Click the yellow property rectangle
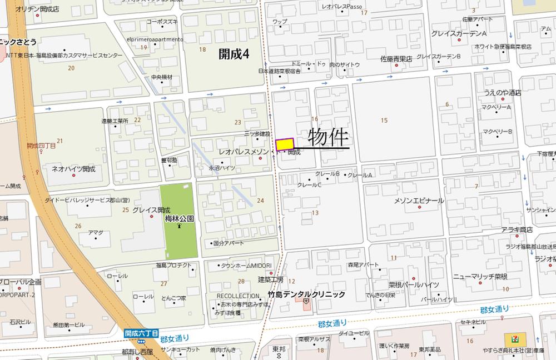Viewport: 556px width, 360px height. click(x=284, y=144)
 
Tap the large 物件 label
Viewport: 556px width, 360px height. click(x=327, y=137)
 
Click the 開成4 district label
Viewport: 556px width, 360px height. click(x=233, y=54)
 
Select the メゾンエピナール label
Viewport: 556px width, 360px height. click(x=419, y=201)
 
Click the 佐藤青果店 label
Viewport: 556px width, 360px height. click(x=396, y=58)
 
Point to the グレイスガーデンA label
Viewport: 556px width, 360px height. click(x=459, y=34)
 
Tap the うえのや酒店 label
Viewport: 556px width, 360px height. click(x=503, y=93)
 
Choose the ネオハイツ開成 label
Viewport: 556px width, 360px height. click(x=73, y=168)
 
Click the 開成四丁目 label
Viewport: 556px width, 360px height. click(x=41, y=146)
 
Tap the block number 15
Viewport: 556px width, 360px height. click(x=384, y=120)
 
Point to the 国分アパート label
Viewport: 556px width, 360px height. click(x=229, y=243)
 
